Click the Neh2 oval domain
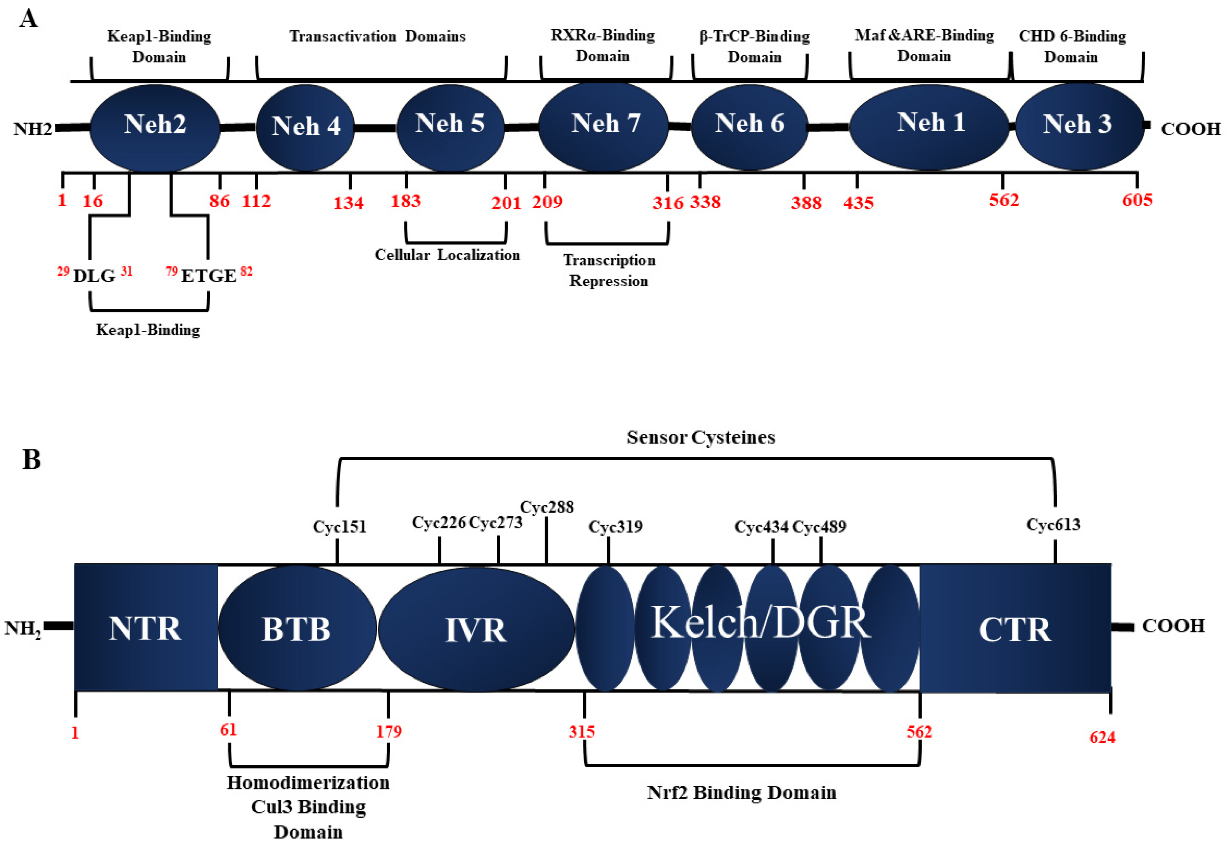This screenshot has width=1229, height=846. pos(155,126)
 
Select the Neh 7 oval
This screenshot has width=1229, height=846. pos(605,125)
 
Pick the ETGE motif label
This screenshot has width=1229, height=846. pos(208,276)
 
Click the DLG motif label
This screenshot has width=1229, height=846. pos(94,276)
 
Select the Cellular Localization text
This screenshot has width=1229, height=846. pos(447,255)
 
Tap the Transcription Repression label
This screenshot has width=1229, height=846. pos(608,270)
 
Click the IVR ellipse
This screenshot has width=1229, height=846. pos(475,630)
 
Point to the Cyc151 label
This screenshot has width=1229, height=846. pos(339,527)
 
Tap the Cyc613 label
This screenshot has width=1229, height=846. pos(1053,524)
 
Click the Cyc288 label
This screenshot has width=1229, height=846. pos(547,507)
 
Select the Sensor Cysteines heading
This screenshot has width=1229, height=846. pos(700,437)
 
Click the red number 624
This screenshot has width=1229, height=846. pos(1102,737)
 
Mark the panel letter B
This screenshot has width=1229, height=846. pos(31,459)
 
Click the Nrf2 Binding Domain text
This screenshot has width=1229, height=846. pos(741,792)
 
